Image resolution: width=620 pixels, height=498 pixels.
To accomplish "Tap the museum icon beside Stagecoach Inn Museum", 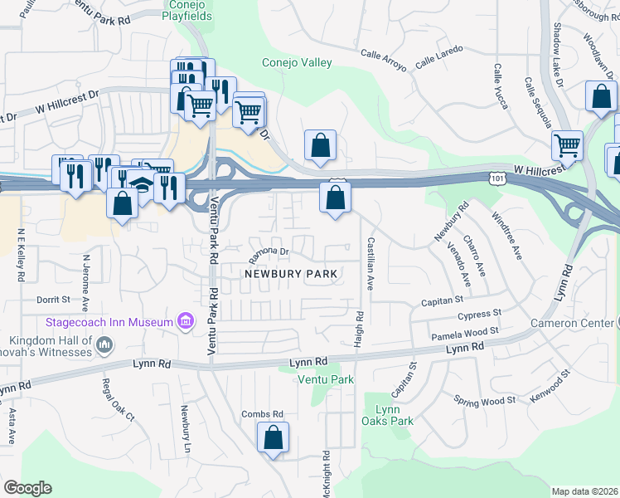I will click(x=186, y=321).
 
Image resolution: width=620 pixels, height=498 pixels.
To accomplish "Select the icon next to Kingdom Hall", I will click(x=104, y=344).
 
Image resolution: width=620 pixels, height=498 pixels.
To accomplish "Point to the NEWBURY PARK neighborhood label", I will click(x=290, y=274).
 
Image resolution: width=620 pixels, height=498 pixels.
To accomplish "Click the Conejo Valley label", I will click(x=297, y=63).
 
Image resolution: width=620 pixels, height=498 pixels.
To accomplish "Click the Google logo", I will click(x=27, y=487).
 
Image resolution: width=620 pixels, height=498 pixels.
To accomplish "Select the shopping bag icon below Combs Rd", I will click(x=274, y=437).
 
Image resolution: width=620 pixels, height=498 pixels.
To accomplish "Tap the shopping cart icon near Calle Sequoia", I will click(x=568, y=145).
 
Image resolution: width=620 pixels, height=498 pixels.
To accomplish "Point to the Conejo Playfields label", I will click(x=186, y=10).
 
